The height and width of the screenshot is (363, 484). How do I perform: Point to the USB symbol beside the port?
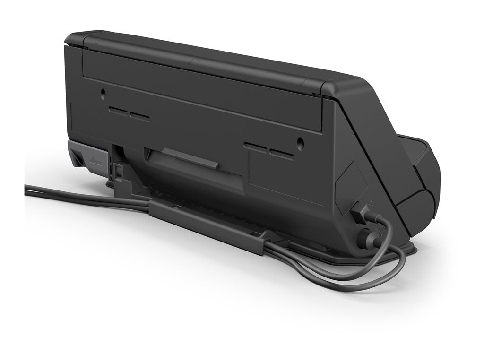[373, 204]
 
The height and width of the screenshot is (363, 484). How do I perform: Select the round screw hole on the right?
[300, 143]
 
